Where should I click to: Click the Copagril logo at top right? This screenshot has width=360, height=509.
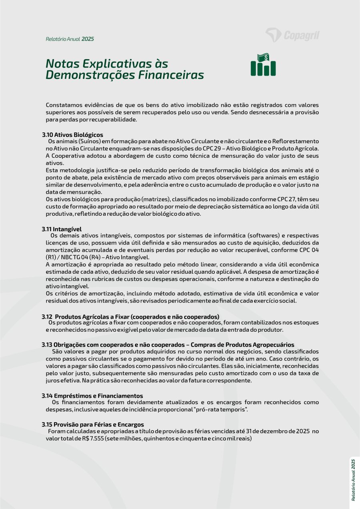[292, 35]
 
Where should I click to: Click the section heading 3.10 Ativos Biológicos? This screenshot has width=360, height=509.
[72, 135]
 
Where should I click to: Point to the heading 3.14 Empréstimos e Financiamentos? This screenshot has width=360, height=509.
[92, 395]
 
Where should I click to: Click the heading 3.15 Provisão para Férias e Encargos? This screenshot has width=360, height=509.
[93, 424]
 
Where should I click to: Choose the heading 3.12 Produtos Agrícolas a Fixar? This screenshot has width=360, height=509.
[130, 317]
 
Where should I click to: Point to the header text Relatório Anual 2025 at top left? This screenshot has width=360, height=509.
[70, 39]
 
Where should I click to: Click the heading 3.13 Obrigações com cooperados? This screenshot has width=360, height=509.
[168, 345]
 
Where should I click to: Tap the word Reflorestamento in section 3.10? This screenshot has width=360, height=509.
[295, 141]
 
